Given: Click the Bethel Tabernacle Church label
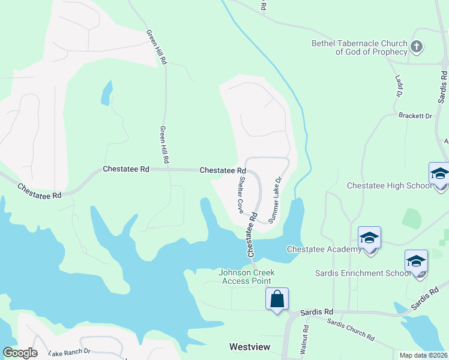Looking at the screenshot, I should (x=359, y=47).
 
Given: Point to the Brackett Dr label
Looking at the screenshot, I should (x=415, y=116).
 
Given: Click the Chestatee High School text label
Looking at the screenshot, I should (x=389, y=186).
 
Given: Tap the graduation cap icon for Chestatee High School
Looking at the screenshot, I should (x=440, y=174).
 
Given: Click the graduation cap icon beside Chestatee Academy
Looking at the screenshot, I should (x=369, y=238).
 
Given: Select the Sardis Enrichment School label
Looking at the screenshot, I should (x=363, y=273).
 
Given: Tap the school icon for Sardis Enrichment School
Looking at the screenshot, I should (x=416, y=262).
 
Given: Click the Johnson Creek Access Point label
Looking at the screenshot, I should (x=247, y=277).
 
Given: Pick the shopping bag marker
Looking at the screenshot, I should (x=277, y=298).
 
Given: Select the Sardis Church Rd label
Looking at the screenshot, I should (x=350, y=329).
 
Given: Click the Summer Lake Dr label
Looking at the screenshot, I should (x=275, y=200).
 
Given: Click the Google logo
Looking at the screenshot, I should (x=20, y=353).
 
